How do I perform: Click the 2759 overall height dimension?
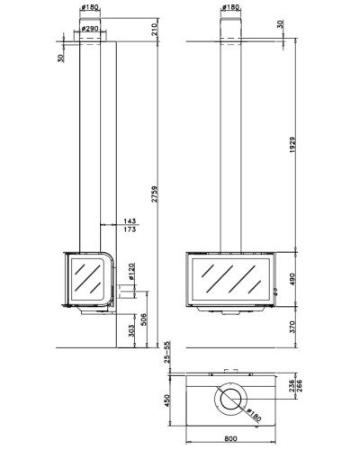click(154, 194)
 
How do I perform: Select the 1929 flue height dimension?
click(292, 145)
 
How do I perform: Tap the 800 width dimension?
click(230, 439)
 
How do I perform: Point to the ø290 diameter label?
click(90, 29)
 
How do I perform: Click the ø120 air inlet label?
click(131, 272)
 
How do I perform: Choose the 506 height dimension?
click(144, 319)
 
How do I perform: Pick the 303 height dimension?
click(131, 331)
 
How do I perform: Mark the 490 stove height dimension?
click(292, 279)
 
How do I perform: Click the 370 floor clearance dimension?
click(292, 327)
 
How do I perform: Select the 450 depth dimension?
click(167, 400)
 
